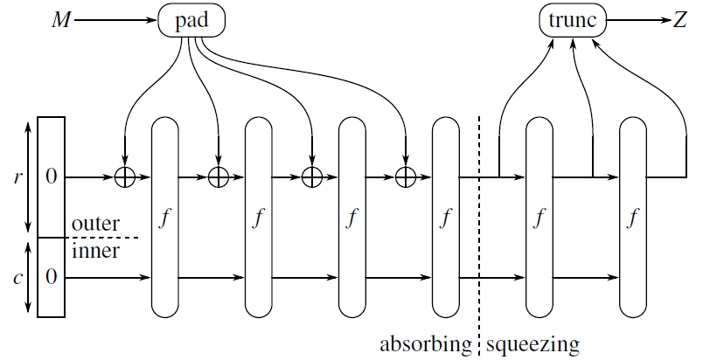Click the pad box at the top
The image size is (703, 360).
point(191,20)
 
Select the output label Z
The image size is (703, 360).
point(679,20)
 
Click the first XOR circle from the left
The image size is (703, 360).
point(125,177)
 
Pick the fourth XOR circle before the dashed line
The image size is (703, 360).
point(405,177)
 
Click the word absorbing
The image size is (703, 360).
point(425,343)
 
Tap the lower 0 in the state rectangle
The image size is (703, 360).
point(51,277)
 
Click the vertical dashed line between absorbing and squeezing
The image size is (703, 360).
point(479,227)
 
